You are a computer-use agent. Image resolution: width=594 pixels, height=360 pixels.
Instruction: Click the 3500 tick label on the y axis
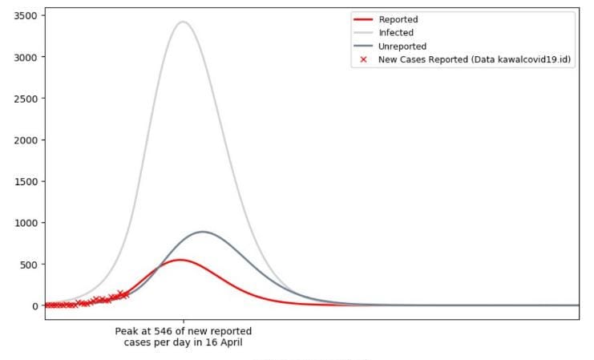pos(26,15)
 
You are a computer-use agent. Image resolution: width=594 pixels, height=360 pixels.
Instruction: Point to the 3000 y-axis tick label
pos(26,57)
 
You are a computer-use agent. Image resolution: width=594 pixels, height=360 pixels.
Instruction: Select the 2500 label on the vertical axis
pos(26,99)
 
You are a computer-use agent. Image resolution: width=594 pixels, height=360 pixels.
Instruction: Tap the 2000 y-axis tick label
pos(26,140)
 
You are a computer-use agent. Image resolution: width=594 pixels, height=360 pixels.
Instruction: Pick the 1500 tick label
pos(26,181)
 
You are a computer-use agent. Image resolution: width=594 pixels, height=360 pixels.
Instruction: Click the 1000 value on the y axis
pos(26,223)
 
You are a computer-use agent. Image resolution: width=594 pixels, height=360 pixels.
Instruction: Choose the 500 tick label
pos(28,265)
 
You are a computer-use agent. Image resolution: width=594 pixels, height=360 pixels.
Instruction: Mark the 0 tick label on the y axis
pos(34,305)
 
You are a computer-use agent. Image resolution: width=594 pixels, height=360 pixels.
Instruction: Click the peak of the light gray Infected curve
pos(183,22)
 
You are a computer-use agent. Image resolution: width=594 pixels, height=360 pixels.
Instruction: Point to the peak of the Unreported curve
pos(203,232)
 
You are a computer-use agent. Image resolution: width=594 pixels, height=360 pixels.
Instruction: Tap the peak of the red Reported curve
pos(180,260)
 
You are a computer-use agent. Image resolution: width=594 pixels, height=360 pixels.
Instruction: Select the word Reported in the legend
pos(398,19)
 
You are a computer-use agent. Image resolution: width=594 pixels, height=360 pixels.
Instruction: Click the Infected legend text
pos(396,33)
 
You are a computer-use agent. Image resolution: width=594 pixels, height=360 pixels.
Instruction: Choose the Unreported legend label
pos(402,47)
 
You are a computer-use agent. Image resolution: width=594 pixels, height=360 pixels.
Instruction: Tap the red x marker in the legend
pos(363,59)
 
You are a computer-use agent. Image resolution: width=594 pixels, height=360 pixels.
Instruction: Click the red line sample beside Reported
pos(363,19)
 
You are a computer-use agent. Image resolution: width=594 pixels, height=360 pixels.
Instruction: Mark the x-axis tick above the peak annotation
pos(183,322)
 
